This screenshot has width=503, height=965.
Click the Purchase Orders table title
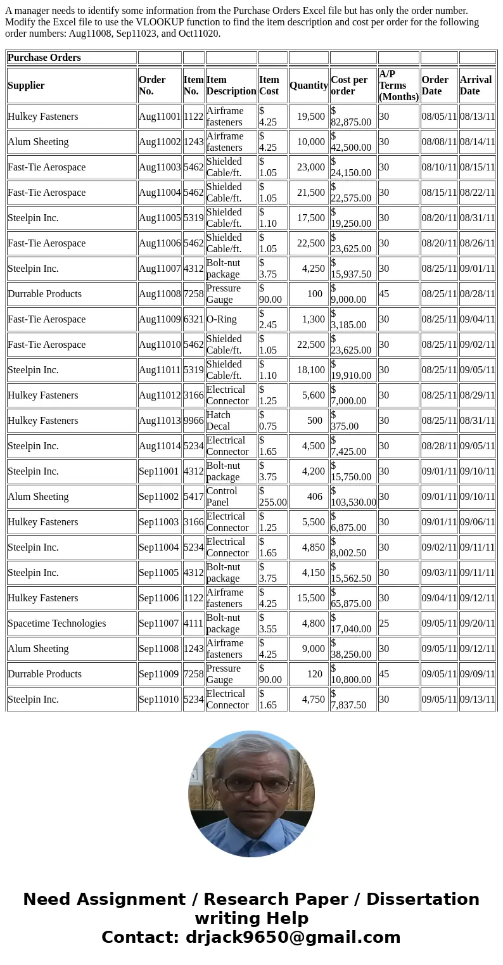pos(44,58)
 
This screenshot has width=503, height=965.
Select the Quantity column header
pos(308,86)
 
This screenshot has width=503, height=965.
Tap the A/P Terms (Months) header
pos(398,86)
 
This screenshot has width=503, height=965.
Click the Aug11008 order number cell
pos(160,294)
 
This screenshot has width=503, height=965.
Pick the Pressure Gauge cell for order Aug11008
pos(231,294)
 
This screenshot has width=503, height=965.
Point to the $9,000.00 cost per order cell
pos(353,294)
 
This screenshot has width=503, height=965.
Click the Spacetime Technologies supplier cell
pos(57,623)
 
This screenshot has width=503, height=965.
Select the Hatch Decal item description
pos(231,421)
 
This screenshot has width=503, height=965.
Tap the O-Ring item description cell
pos(221,319)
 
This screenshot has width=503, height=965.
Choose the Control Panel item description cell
pos(231,497)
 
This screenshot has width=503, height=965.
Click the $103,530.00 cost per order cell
pos(353,497)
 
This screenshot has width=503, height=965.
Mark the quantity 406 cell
pos(315,497)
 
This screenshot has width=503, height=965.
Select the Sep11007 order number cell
pos(159,623)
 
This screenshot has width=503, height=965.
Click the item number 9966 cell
pos(193,421)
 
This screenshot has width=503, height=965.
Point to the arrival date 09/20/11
pos(477,623)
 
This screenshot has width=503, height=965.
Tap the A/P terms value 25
pos(384,623)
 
